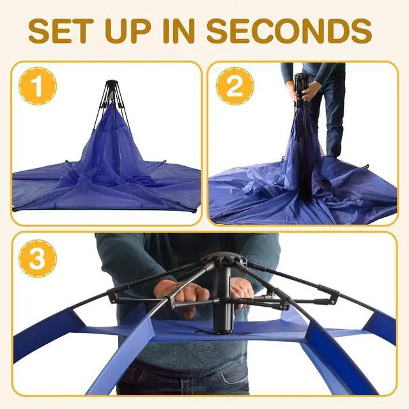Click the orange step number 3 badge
point(37,258)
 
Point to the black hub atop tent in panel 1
point(112,86)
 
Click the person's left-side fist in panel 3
point(181,293)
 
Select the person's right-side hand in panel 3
point(242,291)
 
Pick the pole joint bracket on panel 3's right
point(332,295)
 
